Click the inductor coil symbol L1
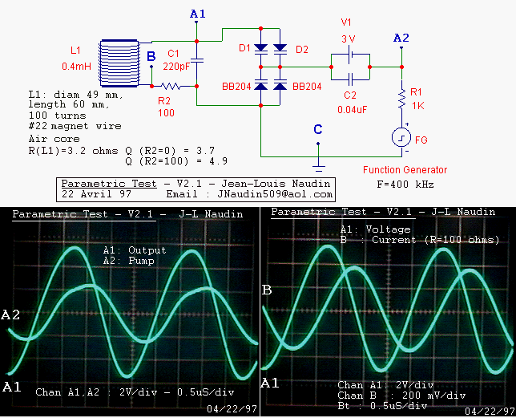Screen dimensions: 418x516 pos(120,62)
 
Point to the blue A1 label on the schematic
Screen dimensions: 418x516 pos(198,14)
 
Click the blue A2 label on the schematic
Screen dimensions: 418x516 pos(401,38)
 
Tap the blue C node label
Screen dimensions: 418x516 pos(318,129)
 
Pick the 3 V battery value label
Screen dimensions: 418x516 pos(348,39)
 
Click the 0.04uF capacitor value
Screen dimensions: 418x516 pos(353,109)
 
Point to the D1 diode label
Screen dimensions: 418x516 pos(246,50)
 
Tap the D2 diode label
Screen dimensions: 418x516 pos(301,50)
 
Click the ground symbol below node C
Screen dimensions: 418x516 pos(318,168)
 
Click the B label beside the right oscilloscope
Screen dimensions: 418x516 pos(267,290)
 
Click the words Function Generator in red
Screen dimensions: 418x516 pos(405,170)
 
